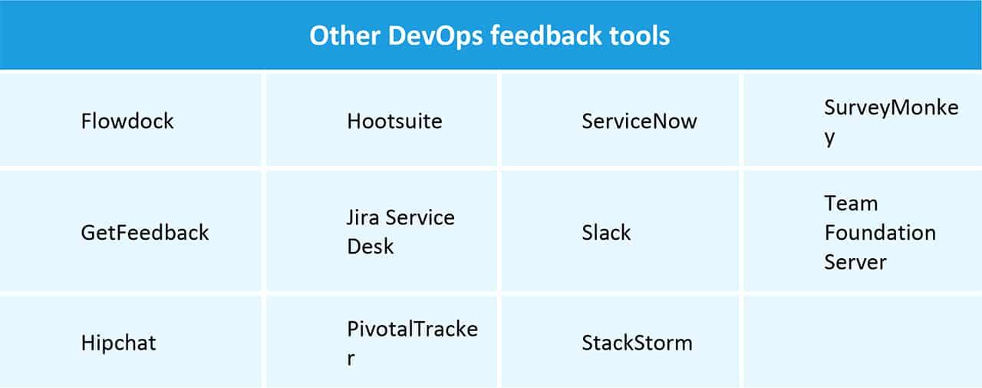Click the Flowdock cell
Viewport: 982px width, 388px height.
(127, 121)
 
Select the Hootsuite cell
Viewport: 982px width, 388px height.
(394, 121)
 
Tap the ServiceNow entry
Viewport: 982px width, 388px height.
(639, 121)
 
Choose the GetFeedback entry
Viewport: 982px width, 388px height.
(145, 232)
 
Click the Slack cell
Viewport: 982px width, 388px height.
(606, 232)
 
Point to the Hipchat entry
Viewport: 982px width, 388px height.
(118, 342)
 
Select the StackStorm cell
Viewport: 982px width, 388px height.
(637, 342)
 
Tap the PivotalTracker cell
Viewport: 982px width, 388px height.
(412, 329)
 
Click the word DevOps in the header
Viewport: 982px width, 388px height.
(429, 36)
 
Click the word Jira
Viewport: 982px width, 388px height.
(362, 217)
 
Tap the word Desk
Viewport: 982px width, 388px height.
(370, 247)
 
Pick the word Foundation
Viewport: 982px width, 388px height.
(880, 232)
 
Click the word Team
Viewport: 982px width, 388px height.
(851, 204)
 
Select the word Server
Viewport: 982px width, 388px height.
(855, 261)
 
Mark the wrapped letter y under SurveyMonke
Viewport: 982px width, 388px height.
(829, 139)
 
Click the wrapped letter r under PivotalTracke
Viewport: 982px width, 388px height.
(351, 358)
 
